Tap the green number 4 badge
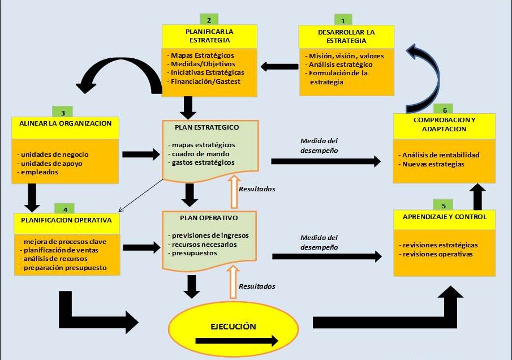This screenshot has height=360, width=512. click(65, 209)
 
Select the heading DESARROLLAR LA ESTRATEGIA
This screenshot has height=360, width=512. click(346, 36)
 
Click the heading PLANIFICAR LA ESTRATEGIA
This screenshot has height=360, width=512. click(209, 36)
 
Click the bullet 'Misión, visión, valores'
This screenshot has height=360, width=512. click(346, 56)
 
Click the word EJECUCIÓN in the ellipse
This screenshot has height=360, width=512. click(233, 327)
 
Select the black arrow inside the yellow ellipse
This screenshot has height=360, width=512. click(236, 341)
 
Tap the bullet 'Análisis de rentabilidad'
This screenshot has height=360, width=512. click(441, 155)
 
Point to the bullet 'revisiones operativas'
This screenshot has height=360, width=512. click(437, 254)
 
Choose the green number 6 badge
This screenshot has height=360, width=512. click(445, 109)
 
